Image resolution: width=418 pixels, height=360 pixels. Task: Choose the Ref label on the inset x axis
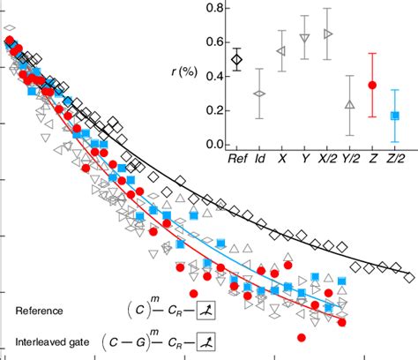tap(235, 161)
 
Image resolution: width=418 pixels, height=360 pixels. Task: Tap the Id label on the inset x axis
tap(259, 161)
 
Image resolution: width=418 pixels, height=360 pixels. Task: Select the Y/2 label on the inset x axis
tap(350, 161)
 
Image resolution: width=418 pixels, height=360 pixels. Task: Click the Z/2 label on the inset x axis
tap(395, 161)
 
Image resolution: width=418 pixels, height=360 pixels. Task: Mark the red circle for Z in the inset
tap(372, 85)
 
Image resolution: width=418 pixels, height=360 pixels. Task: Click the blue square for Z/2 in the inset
tap(395, 116)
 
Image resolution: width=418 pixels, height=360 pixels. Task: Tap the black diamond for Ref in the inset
tap(236, 59)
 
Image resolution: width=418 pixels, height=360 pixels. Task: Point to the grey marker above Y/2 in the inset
tap(350, 105)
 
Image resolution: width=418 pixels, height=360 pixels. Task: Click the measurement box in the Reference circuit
tap(205, 311)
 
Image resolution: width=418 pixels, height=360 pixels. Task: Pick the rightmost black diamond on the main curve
tap(408, 277)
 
